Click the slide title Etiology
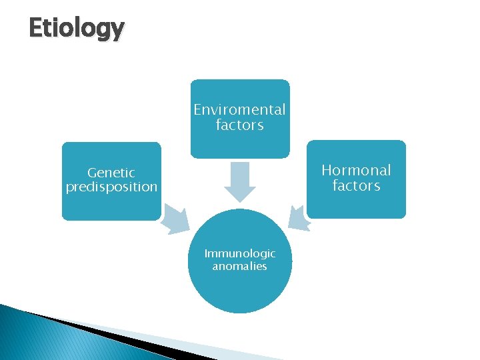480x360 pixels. pos(77,28)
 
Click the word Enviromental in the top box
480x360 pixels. pos(239,109)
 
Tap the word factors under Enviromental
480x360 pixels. pos(239,125)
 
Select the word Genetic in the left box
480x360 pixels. pos(111,173)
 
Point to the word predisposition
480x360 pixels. pos(111,187)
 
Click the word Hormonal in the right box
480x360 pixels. pos(356,170)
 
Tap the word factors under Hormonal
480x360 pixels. pos(356,185)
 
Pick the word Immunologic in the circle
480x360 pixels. pos(239,253)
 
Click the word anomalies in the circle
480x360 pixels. pos(239,267)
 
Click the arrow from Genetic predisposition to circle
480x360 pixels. pos(175,219)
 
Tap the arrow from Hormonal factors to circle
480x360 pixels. pos(299,218)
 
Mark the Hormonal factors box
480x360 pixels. pos(356,204)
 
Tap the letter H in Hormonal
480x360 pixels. pos(327,170)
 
